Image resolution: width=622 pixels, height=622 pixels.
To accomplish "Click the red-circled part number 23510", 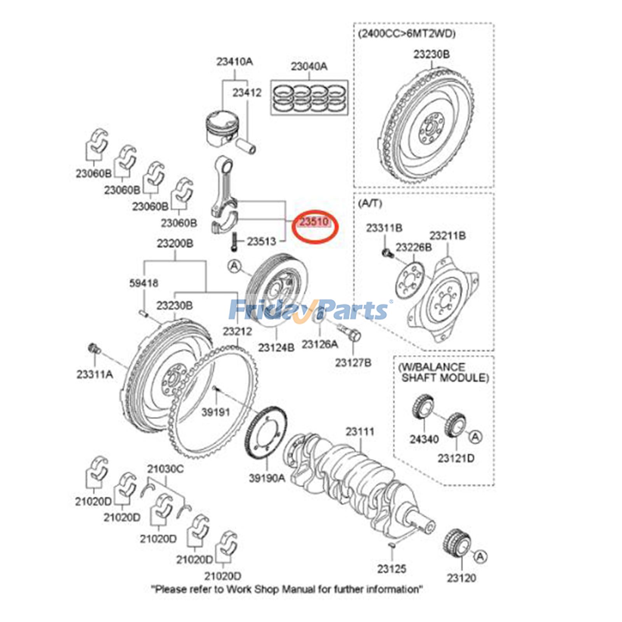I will coord(314,222).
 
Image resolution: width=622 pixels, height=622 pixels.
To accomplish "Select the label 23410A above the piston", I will coord(234,61).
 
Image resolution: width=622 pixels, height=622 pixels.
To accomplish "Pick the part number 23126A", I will coord(320,344).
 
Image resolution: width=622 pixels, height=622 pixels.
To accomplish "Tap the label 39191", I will coord(216,412).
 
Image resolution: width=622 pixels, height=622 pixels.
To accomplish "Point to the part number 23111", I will coord(360,432).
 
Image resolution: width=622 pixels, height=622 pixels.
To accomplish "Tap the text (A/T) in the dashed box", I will coord(370,203).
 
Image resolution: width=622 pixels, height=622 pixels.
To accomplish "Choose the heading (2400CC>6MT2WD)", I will coord(407,33).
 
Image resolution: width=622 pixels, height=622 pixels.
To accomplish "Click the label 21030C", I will coord(165,469).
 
